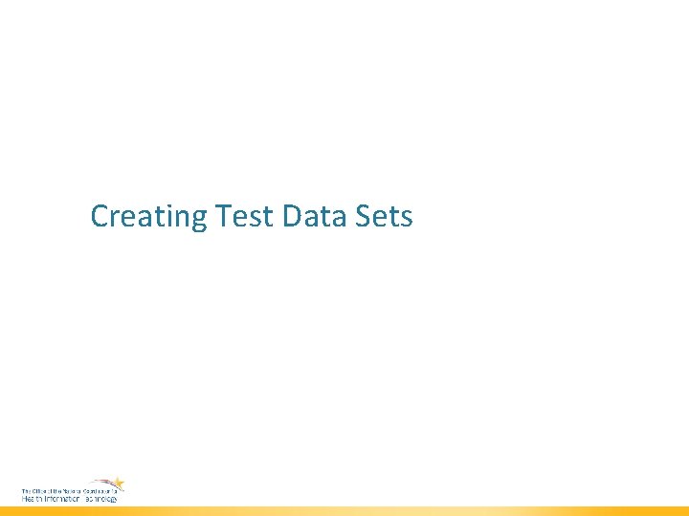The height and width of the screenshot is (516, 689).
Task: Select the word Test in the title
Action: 246,217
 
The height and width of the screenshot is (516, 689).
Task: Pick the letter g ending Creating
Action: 198,221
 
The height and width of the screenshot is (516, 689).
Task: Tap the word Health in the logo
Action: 31,498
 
